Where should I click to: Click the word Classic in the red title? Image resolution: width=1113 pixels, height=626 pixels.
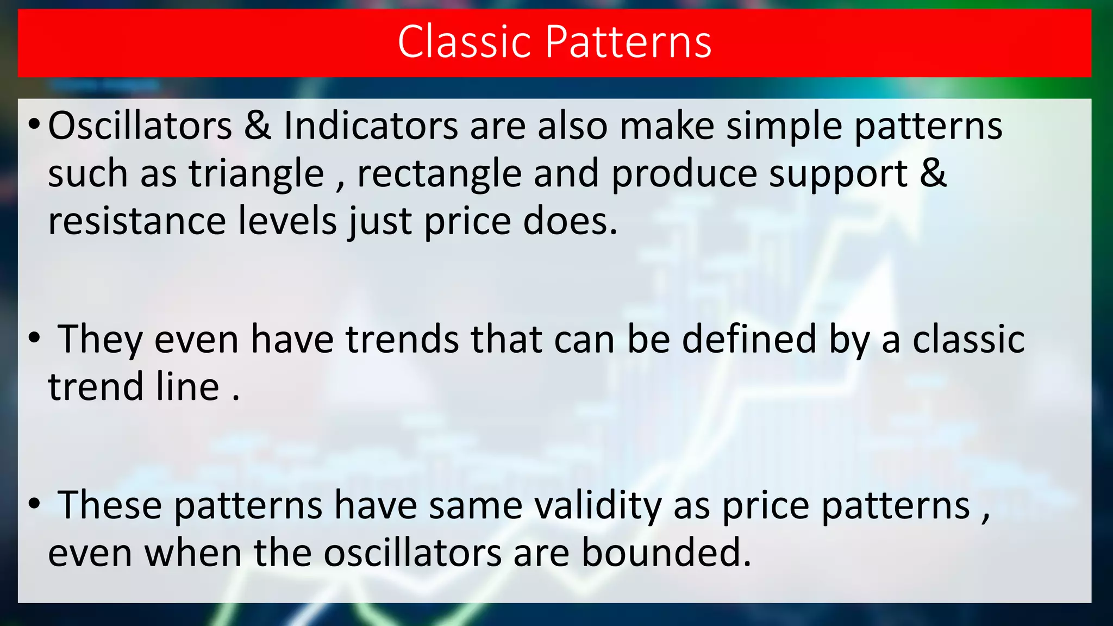(x=464, y=42)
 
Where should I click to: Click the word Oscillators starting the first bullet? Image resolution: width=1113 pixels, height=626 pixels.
(x=140, y=126)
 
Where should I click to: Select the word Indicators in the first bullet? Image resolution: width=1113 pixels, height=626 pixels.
(x=371, y=126)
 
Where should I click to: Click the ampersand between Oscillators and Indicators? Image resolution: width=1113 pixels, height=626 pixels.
(x=258, y=126)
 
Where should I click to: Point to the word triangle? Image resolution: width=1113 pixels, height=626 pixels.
(x=256, y=174)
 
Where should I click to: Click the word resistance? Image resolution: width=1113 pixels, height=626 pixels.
(x=136, y=221)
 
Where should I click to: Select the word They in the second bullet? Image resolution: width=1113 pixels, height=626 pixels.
(x=100, y=340)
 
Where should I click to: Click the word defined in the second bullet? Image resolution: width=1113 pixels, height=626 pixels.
(x=749, y=340)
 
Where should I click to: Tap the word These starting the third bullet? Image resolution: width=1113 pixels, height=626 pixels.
(x=110, y=505)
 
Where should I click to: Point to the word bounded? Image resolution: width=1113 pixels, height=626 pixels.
(x=666, y=553)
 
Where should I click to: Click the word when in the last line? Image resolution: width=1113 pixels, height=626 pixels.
(x=192, y=553)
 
